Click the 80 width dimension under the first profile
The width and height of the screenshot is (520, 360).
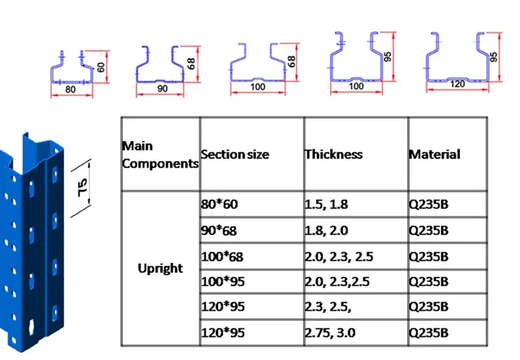tap(70, 90)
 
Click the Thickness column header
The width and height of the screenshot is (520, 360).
tap(334, 154)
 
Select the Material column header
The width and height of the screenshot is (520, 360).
tap(434, 154)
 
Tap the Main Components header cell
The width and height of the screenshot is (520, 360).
tap(160, 155)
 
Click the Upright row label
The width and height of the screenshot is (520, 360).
tap(160, 268)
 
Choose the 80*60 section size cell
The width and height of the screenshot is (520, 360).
tap(220, 205)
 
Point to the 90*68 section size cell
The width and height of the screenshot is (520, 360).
tap(220, 231)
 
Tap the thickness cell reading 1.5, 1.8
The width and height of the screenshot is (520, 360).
tap(326, 205)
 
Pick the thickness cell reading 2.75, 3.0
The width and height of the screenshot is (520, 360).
tap(329, 333)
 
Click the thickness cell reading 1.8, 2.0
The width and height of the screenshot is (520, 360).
tap(326, 231)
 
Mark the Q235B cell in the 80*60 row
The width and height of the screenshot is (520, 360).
tap(429, 205)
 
